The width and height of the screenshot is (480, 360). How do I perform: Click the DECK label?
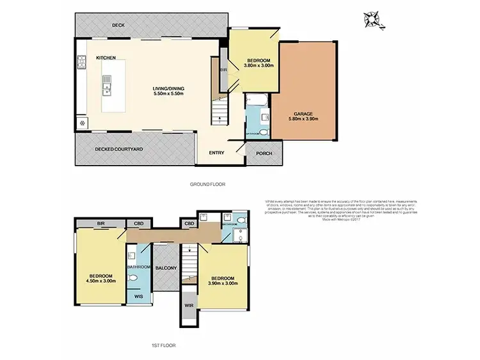point(118,26)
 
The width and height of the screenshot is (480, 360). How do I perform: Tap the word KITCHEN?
point(106,58)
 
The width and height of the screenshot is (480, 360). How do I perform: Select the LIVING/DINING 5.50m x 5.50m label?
point(168,91)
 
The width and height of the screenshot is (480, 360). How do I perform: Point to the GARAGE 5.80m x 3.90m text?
point(303,116)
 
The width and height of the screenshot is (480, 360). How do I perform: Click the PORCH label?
point(264,153)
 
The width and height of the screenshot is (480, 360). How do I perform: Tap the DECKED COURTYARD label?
point(118,149)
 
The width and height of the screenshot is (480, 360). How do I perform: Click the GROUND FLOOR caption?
point(207,184)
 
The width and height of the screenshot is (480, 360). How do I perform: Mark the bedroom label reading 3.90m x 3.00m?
point(222,281)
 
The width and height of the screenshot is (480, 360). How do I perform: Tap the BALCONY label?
point(166,268)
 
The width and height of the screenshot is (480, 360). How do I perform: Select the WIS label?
point(138,297)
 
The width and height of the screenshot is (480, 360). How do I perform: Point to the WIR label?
point(189,306)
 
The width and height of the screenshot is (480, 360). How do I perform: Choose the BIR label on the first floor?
point(101,224)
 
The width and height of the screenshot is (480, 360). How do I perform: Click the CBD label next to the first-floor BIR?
point(138,224)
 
